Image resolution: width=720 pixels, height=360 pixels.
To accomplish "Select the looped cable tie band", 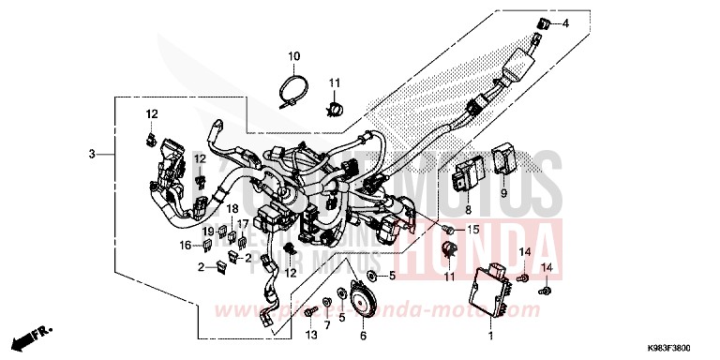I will pos(292,92).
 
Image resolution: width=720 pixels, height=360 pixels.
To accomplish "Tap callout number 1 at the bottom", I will pos(489,334).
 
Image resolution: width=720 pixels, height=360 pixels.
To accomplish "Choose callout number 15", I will pos(472,230).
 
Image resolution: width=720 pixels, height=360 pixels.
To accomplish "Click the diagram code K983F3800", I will pos(677,347).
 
